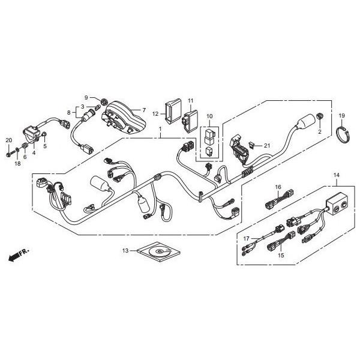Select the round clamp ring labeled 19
pos(341,135)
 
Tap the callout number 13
pos(125,250)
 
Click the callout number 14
pos(337,175)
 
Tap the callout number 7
pos(143,110)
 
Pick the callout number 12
pos(155,113)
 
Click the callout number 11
pos(191,100)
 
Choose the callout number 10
pos(209,115)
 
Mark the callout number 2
pos(320,131)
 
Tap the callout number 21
pos(268,146)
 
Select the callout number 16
pos(278,187)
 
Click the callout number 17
pos(245,239)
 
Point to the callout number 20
pos(8,140)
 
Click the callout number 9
pos(86,97)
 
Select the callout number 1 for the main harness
pos(160,129)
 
